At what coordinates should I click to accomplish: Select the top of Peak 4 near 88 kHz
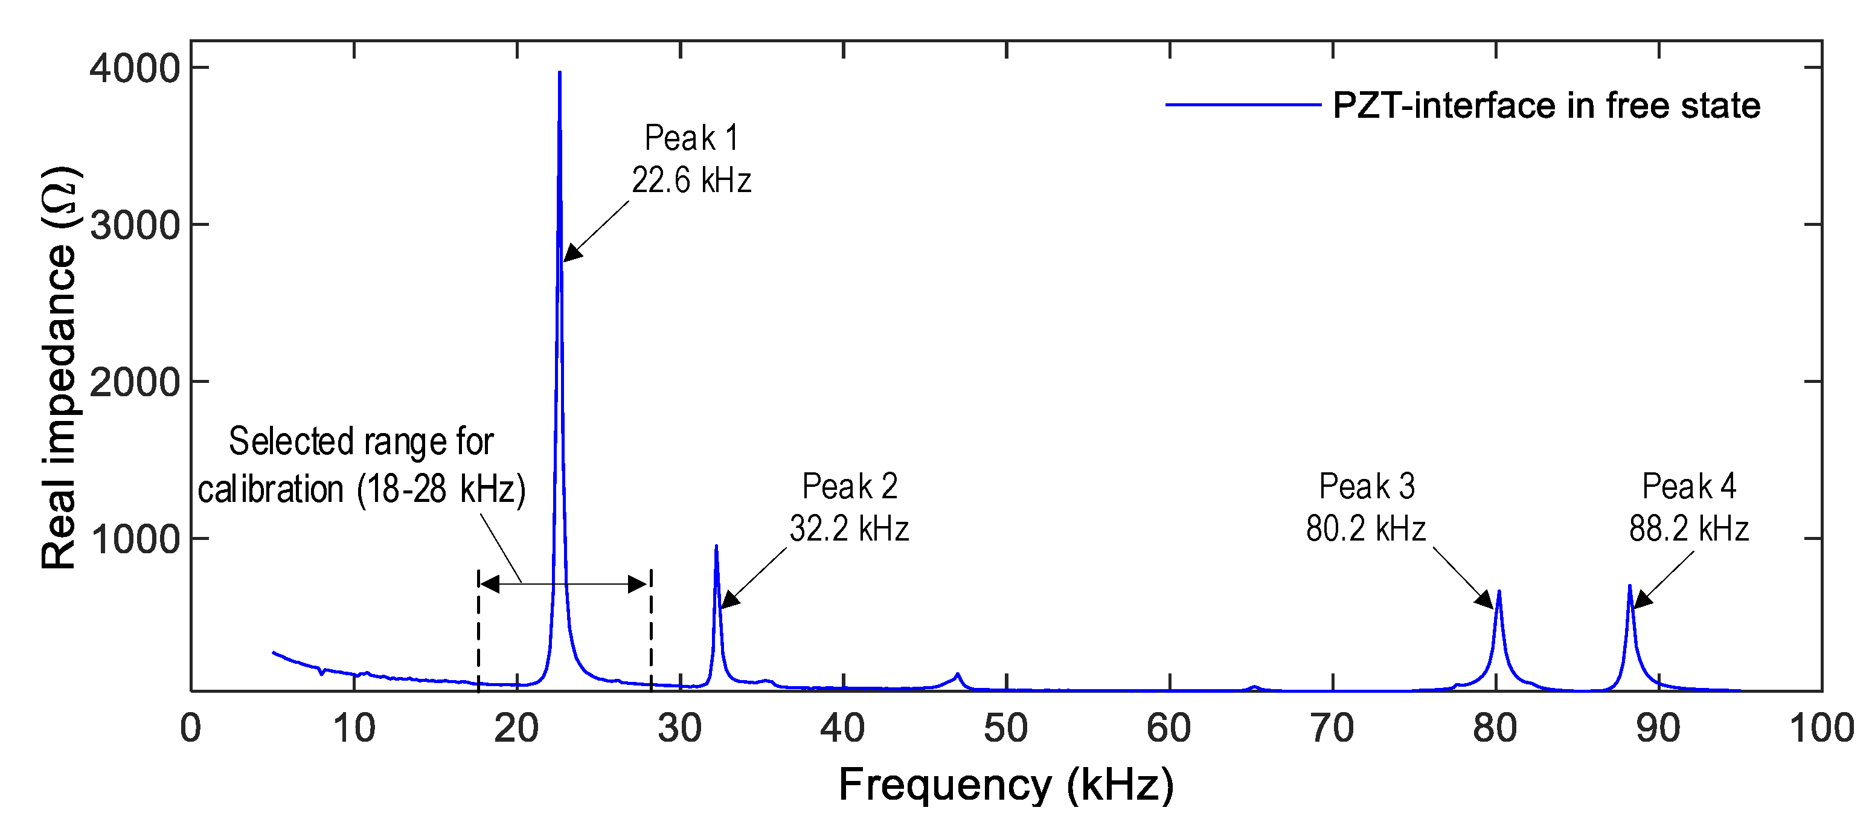1629,586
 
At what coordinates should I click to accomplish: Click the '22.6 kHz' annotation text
690,179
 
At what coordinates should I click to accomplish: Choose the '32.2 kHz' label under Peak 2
849,528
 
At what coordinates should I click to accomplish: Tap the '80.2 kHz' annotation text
1365,528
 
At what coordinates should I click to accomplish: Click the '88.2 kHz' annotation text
1688,528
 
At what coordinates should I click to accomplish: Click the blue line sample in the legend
1243,104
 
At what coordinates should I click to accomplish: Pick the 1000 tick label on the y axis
135,539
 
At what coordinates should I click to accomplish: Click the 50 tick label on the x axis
1006,728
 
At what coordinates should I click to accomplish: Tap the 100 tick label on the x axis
1821,728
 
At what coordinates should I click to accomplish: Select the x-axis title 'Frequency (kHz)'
1006,785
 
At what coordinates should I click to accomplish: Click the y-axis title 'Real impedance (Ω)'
60,367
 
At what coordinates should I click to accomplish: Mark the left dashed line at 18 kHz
478,632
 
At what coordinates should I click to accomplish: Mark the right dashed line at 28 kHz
650,632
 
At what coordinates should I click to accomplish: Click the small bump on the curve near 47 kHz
958,675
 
